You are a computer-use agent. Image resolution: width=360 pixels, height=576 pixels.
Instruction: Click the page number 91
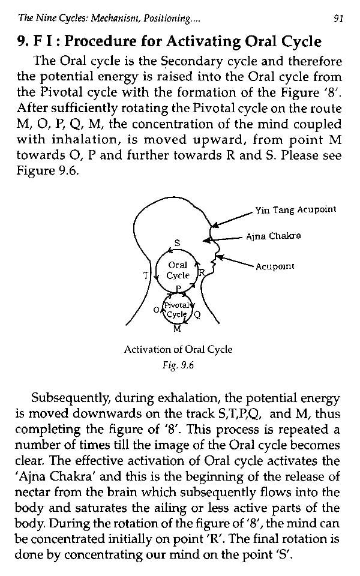pyautogui.click(x=338, y=19)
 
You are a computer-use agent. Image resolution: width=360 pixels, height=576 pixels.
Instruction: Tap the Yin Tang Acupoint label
pyautogui.click(x=296, y=210)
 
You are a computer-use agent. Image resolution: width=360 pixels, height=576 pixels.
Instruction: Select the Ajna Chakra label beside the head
pyautogui.click(x=274, y=236)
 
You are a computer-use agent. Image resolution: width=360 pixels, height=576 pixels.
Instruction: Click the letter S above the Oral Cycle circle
pyautogui.click(x=178, y=243)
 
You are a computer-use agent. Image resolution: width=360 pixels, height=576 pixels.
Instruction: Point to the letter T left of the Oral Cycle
pyautogui.click(x=146, y=275)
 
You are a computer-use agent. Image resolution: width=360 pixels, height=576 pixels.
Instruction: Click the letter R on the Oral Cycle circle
pyautogui.click(x=202, y=272)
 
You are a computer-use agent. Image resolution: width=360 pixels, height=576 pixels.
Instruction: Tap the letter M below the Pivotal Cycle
pyautogui.click(x=177, y=329)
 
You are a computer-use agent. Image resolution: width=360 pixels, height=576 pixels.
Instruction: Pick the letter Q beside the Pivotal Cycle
pyautogui.click(x=197, y=315)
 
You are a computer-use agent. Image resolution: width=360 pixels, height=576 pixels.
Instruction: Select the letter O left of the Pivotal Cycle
pyautogui.click(x=156, y=310)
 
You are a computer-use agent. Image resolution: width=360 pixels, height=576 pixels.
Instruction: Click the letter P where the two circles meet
pyautogui.click(x=179, y=289)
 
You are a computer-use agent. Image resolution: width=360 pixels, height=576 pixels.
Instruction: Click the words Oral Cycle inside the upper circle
pyautogui.click(x=178, y=270)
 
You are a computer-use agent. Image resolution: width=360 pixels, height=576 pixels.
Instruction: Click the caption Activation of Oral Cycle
pyautogui.click(x=178, y=349)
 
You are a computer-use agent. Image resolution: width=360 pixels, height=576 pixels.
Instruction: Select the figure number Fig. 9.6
pyautogui.click(x=178, y=365)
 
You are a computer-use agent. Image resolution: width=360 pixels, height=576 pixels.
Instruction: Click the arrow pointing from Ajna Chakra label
pyautogui.click(x=223, y=239)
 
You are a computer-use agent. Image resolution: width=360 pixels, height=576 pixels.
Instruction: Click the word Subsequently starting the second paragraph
pyautogui.click(x=70, y=398)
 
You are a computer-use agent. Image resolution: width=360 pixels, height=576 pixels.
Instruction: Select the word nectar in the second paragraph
pyautogui.click(x=32, y=492)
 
